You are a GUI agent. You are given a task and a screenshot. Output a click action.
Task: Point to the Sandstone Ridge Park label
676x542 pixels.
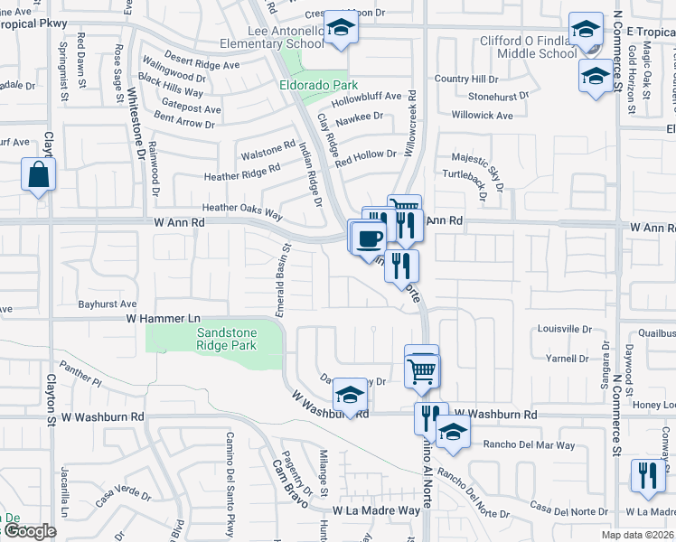pyautogui.click(x=227, y=339)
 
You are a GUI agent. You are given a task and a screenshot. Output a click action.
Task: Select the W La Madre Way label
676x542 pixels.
pyautogui.click(x=376, y=510)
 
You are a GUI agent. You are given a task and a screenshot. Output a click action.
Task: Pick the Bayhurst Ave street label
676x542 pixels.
pyautogui.click(x=107, y=304)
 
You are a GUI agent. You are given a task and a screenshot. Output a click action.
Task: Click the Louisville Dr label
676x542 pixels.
pyautogui.click(x=563, y=329)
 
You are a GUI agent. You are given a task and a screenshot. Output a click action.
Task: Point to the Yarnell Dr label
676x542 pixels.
pyautogui.click(x=568, y=358)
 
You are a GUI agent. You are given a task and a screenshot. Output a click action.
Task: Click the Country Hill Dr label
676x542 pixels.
pyautogui.click(x=466, y=79)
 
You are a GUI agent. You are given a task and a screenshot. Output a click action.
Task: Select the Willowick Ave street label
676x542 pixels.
pyautogui.click(x=483, y=116)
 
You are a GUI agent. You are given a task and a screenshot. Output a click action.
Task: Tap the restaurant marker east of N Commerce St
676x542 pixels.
pyautogui.click(x=647, y=476)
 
